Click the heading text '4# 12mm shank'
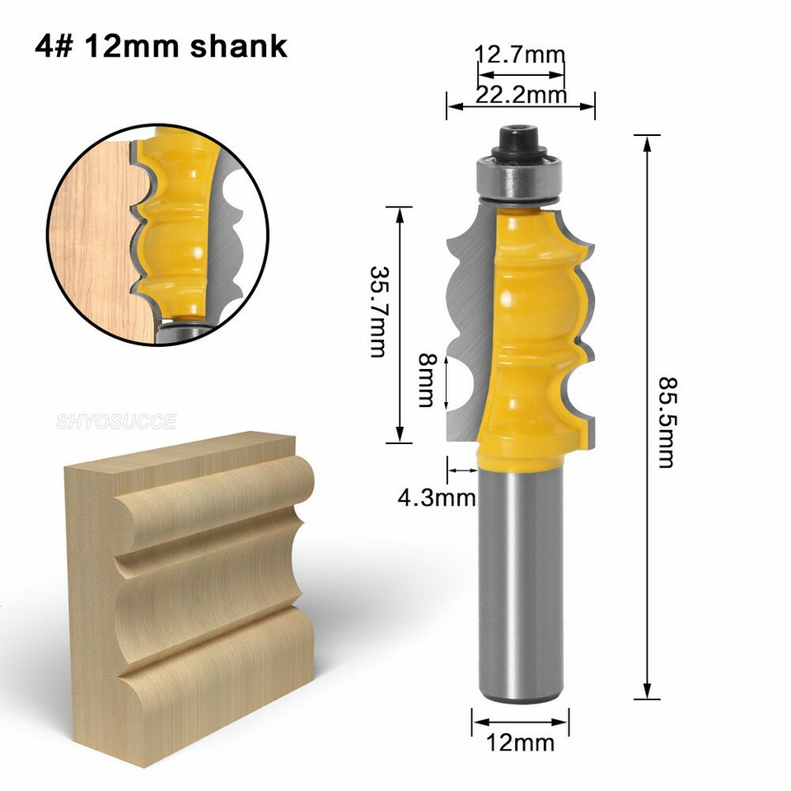coord(161,45)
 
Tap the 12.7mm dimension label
coord(520,56)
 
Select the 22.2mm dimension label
coord(521,96)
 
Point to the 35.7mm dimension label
coord(377,311)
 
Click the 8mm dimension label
coord(425,380)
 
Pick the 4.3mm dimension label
coord(437,497)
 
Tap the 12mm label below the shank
coord(521,743)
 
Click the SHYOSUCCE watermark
coord(116,423)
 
